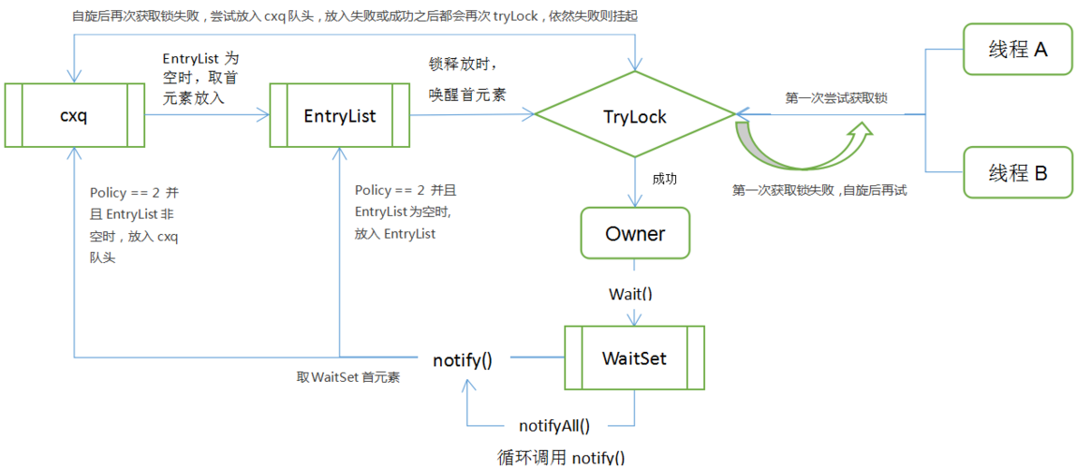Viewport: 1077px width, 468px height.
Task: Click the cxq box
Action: pyautogui.click(x=74, y=115)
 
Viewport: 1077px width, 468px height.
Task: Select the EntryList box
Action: pyautogui.click(x=339, y=115)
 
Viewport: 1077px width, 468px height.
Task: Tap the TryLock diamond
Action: pyautogui.click(x=635, y=115)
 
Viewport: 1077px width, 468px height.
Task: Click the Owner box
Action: pyautogui.click(x=635, y=233)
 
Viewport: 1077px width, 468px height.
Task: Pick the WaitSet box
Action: pyautogui.click(x=634, y=358)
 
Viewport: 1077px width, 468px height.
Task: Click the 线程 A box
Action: pyautogui.click(x=1017, y=50)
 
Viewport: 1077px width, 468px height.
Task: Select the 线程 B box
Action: pyautogui.click(x=1017, y=172)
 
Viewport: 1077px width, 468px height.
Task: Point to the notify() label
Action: pyautogui.click(x=463, y=358)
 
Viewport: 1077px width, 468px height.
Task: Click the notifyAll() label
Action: pyautogui.click(x=554, y=425)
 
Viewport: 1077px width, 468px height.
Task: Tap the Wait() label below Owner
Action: pyautogui.click(x=630, y=293)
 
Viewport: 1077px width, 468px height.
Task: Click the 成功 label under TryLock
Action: pyautogui.click(x=664, y=177)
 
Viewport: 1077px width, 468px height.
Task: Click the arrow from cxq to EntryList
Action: pyautogui.click(x=206, y=115)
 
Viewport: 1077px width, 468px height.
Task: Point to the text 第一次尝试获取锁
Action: pyautogui.click(x=836, y=97)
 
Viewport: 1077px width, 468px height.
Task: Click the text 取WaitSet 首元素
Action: pyautogui.click(x=348, y=377)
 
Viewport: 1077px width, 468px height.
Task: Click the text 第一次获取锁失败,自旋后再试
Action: pyautogui.click(x=819, y=189)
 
